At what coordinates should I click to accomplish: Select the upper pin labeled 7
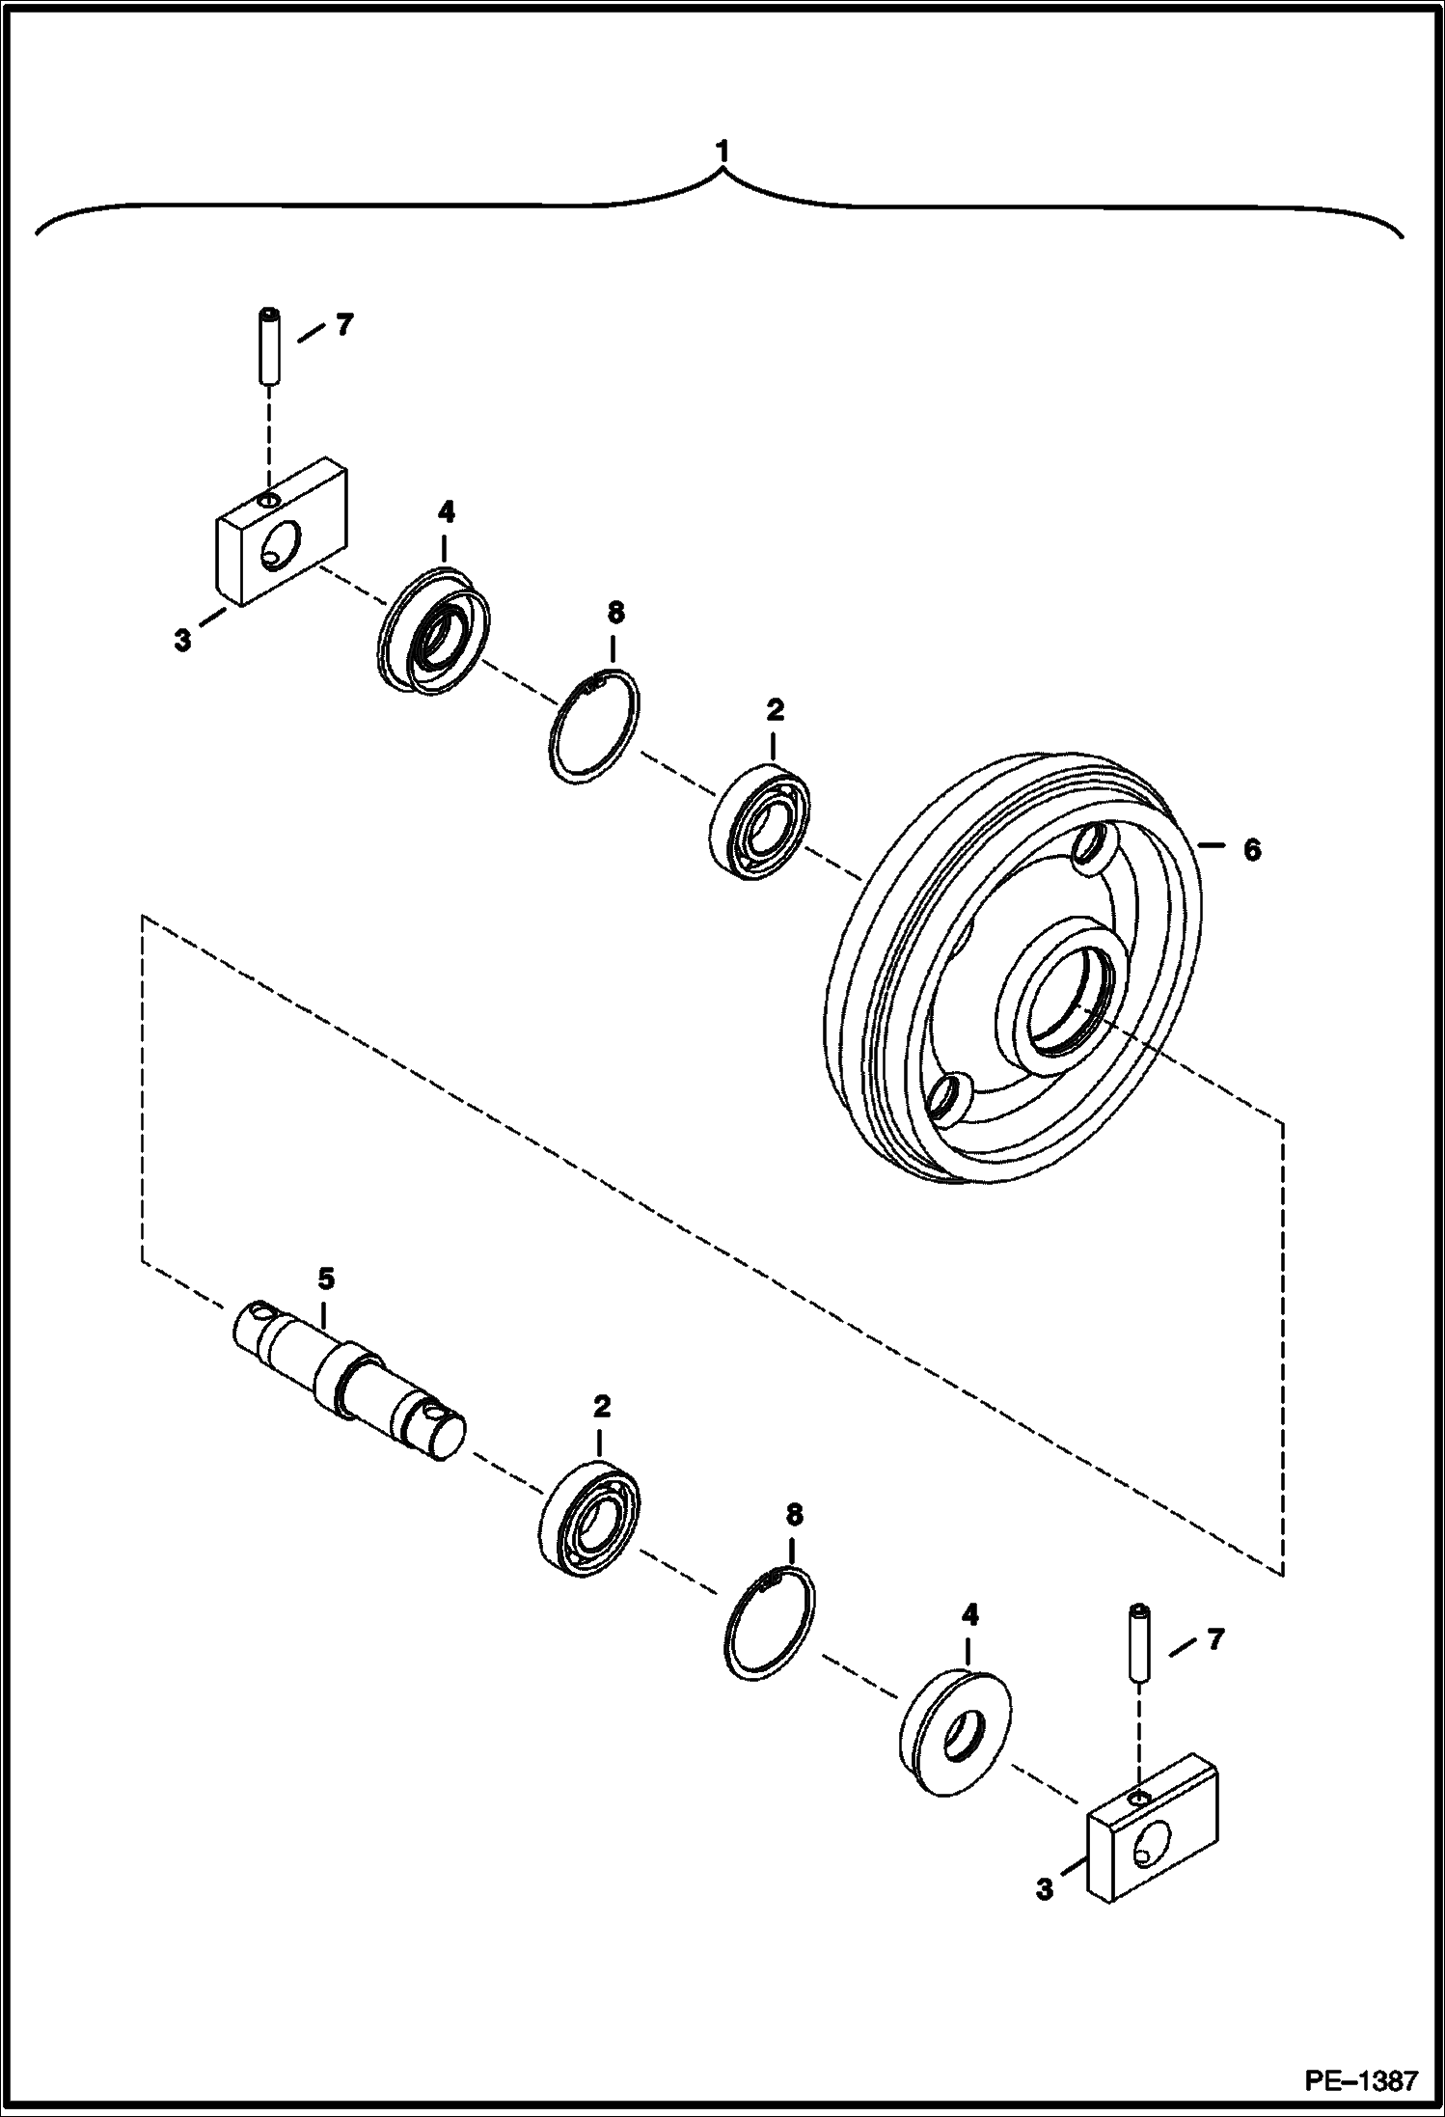click(x=269, y=347)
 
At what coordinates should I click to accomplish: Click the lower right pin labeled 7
click(x=1140, y=1644)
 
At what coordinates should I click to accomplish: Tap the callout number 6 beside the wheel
click(x=1251, y=850)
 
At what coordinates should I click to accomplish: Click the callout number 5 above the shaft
click(x=326, y=1279)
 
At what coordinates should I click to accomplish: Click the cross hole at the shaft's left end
click(x=259, y=1311)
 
